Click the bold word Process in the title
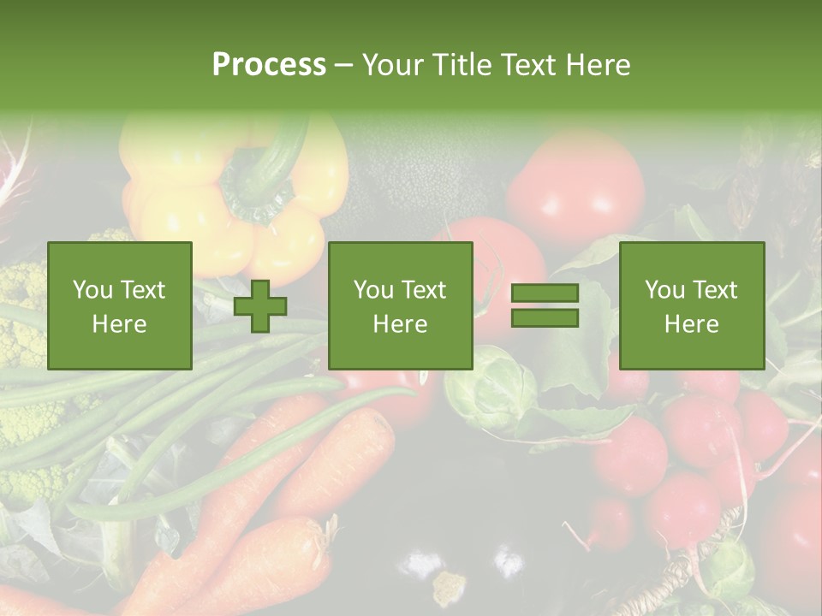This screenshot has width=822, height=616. (269, 65)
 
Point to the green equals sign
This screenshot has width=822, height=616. (545, 306)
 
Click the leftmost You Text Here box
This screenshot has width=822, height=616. (120, 305)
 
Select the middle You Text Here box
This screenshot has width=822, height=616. (400, 305)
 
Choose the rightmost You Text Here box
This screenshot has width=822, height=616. (691, 305)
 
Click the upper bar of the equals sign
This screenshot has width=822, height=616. (545, 293)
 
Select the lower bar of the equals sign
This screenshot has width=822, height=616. (545, 318)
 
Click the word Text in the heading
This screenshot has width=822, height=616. (529, 65)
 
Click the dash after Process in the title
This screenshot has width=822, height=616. (343, 65)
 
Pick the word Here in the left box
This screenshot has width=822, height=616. (120, 323)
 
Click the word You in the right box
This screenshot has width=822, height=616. (664, 290)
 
